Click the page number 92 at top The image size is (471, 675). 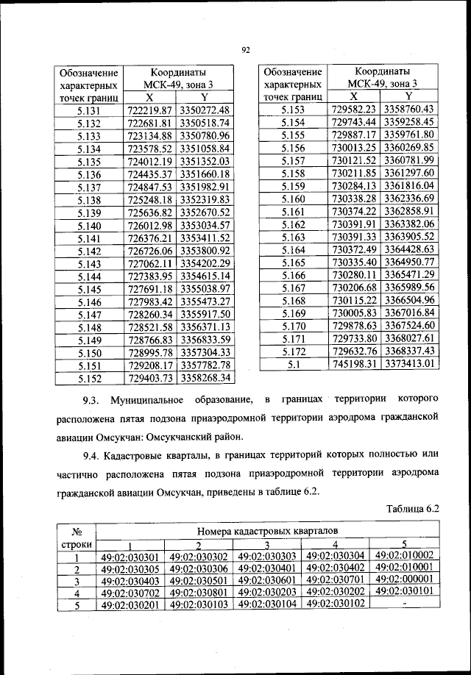coord(247,50)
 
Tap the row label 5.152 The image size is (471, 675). coord(88,378)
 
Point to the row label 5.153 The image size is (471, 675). coord(292,109)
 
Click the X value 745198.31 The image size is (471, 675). coord(354,363)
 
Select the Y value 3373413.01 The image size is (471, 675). coord(410,363)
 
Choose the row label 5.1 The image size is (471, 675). coord(292,363)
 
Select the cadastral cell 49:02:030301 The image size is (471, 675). coord(130,557)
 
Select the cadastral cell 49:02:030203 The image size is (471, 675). coord(267,592)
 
